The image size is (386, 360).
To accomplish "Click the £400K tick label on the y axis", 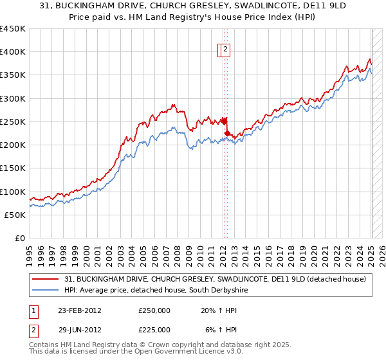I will coord(12,52).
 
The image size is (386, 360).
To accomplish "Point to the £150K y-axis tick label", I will coord(12,168).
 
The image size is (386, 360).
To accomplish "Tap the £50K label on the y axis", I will coord(15,215).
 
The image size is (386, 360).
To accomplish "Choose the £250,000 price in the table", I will coord(154,310).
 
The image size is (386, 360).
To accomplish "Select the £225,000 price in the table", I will coord(154,329).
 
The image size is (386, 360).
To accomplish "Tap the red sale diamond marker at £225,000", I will coord(227,134).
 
